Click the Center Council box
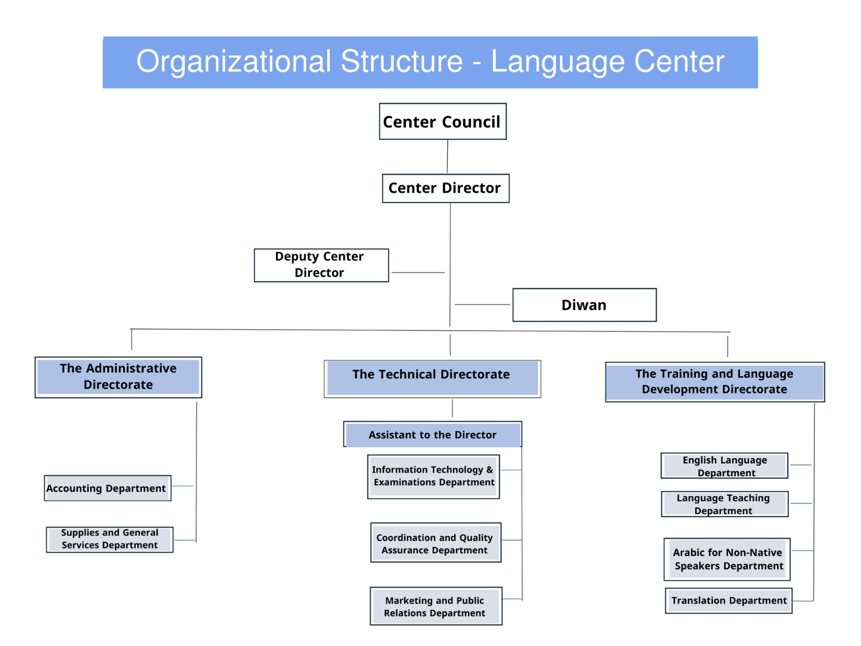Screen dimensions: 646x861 point(442,122)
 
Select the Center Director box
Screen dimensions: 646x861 point(445,188)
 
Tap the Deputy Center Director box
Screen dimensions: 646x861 point(321,265)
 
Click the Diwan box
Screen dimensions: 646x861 point(584,305)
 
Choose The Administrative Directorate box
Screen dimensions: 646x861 point(118,377)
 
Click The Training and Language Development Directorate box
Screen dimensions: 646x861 point(715,382)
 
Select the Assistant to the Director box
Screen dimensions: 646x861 point(433,434)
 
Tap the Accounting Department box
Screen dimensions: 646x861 point(107,488)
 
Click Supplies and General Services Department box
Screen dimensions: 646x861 point(110,539)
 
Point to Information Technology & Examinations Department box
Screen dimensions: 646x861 point(433,476)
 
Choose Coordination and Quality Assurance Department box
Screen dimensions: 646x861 point(435,543)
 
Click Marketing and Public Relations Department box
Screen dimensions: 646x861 point(435,606)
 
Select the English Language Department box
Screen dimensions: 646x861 point(724,466)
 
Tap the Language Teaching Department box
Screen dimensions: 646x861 point(724,504)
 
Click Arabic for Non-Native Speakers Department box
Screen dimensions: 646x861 point(727,559)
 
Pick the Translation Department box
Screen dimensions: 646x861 point(729,601)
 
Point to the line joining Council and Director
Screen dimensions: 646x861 point(447,157)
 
